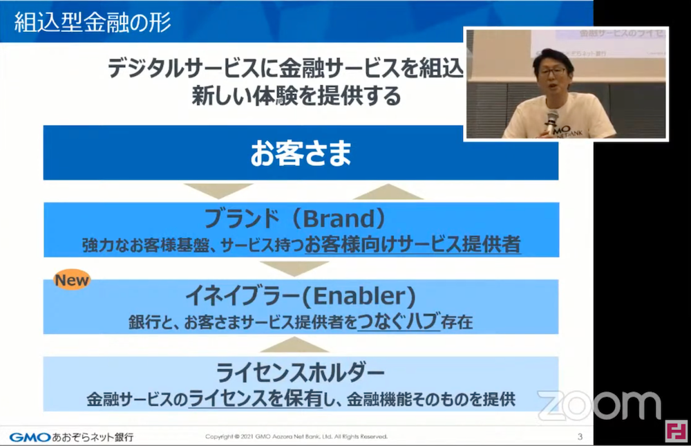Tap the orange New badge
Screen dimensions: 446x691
[72, 280]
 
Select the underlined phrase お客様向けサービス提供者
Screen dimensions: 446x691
[412, 245]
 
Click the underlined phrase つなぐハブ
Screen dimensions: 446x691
[399, 322]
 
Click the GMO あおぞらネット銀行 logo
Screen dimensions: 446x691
[71, 437]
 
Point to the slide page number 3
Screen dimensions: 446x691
[580, 436]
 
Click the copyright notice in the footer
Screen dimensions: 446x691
[296, 437]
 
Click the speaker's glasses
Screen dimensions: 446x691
[553, 71]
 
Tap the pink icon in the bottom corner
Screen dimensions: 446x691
[676, 430]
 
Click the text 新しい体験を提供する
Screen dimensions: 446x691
[296, 96]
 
